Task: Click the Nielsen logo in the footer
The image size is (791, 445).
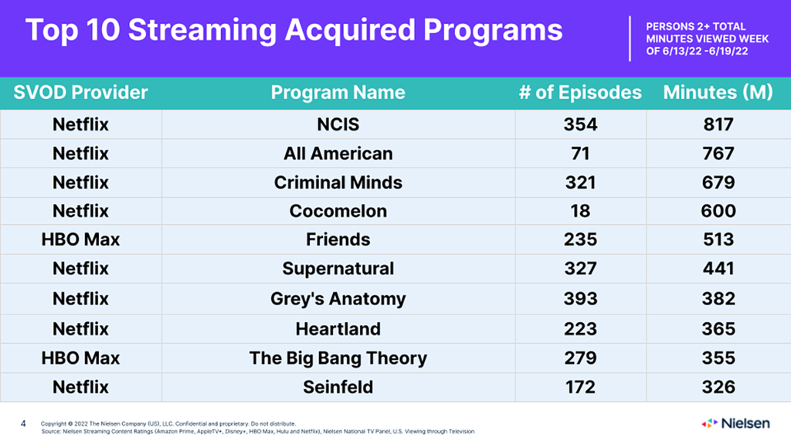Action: [x=735, y=423]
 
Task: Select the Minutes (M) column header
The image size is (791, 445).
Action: [x=718, y=93]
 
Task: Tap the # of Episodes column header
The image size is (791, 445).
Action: [x=580, y=93]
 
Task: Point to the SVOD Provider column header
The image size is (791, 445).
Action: [x=80, y=93]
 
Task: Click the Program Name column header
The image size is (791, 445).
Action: [x=338, y=93]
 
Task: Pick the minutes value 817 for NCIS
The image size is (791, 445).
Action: [x=718, y=124]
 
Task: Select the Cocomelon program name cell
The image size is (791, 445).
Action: [x=338, y=211]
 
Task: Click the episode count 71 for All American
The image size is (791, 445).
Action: [x=580, y=154]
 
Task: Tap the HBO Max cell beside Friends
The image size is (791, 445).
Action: [x=80, y=239]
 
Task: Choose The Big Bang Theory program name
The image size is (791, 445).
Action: [x=338, y=358]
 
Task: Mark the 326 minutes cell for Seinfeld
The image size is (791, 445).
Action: [x=718, y=387]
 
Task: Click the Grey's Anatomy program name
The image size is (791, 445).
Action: [x=338, y=299]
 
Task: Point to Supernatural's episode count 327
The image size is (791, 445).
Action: [x=580, y=268]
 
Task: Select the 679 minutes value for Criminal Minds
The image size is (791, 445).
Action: [x=718, y=182]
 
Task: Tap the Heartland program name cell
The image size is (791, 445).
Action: [x=338, y=329]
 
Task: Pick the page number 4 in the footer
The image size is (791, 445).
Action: [x=23, y=423]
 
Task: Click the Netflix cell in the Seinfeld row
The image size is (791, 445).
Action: [x=80, y=387]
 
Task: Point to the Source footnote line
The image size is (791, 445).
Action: [x=258, y=431]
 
